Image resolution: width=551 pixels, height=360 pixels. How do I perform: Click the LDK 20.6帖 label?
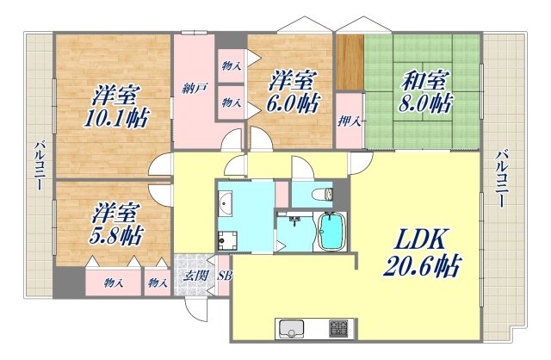click(x=419, y=252)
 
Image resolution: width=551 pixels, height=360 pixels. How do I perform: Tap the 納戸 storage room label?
click(x=194, y=88)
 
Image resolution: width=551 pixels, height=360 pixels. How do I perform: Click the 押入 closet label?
click(x=347, y=121)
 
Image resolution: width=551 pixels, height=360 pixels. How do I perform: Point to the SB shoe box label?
click(x=224, y=276)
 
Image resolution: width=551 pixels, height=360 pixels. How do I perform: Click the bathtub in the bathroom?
click(x=331, y=233)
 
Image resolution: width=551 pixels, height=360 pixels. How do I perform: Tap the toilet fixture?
click(x=327, y=194)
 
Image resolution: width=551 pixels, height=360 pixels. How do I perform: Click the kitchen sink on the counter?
click(x=291, y=329)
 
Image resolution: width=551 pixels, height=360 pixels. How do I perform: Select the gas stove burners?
click(x=337, y=329)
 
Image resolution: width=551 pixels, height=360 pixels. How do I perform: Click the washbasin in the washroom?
click(x=226, y=205)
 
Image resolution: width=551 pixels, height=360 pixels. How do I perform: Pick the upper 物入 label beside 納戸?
click(x=231, y=66)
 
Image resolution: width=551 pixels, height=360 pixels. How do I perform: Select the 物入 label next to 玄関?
click(x=157, y=282)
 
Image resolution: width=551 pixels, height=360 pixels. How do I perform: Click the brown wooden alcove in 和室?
click(x=349, y=61)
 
